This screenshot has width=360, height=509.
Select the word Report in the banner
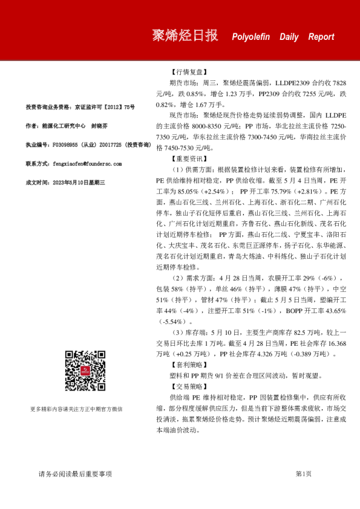321,37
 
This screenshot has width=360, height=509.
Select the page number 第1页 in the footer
303,474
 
